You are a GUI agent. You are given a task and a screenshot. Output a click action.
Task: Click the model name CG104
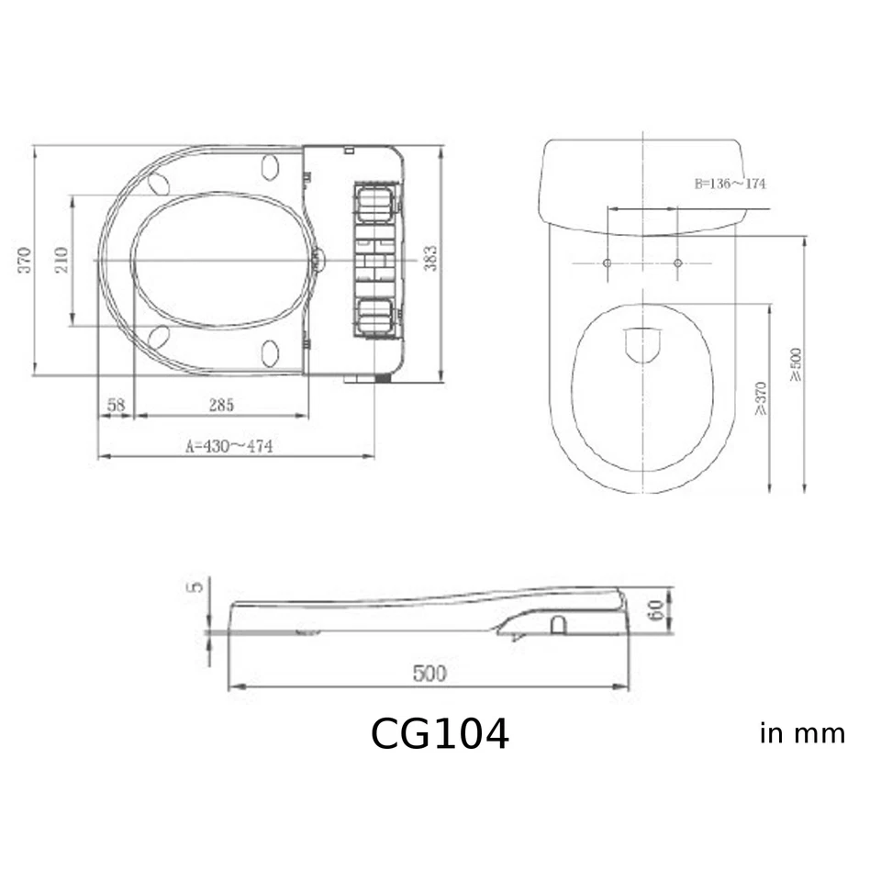pos(440,734)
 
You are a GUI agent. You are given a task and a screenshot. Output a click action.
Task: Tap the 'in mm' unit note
pos(802,734)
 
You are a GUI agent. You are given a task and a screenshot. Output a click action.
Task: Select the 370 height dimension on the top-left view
pos(25,261)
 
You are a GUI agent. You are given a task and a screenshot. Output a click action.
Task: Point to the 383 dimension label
pos(430,260)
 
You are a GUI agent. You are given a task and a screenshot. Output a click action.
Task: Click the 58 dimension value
pos(116,404)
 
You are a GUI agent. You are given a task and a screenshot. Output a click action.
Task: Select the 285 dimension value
pos(220,404)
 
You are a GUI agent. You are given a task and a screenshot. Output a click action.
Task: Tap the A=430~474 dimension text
pos(229,445)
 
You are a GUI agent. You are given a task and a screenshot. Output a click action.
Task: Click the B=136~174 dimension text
pos(730,184)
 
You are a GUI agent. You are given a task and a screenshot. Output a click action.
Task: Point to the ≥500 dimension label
pos(796,364)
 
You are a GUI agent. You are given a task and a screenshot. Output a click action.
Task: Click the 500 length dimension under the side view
pos(429,674)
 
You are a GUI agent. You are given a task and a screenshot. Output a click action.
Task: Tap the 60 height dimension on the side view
pos(656,610)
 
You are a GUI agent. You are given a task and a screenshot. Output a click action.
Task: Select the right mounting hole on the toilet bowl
pos(678,264)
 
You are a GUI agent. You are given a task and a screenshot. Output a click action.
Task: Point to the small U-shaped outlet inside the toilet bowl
pos(642,345)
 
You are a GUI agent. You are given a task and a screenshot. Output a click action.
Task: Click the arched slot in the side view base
pos(557,624)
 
